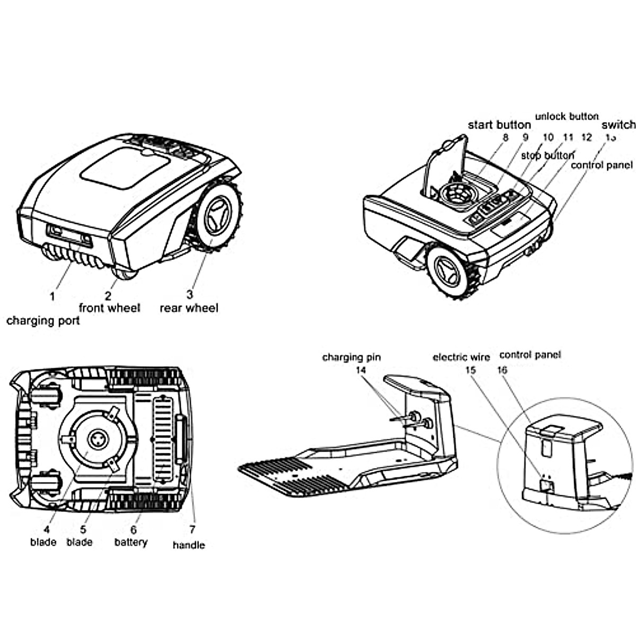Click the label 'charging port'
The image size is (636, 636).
(43, 321)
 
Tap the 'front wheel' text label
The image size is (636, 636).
(110, 308)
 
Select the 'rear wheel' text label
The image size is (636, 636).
(189, 308)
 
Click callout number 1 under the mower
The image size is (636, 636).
(52, 296)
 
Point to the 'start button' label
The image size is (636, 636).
(499, 125)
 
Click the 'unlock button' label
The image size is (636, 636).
(567, 116)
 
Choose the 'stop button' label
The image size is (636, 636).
(547, 155)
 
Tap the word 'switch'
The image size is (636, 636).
(618, 125)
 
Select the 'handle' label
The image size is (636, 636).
(189, 545)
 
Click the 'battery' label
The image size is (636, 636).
(130, 542)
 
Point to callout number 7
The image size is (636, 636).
(192, 529)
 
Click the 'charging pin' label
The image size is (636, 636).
(351, 357)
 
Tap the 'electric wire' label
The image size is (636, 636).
(461, 357)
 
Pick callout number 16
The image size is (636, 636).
(502, 370)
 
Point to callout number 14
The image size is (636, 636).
(361, 370)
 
